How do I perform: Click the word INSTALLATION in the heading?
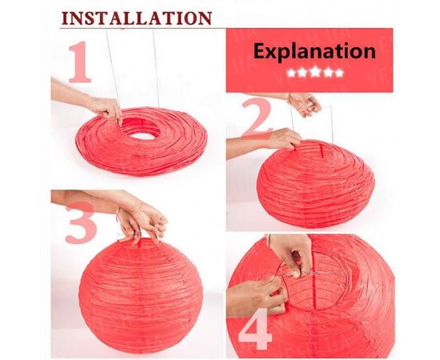coord(136,18)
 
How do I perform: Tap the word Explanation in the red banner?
coord(314,51)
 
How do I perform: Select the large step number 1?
coord(80,62)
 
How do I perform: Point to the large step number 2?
coord(257,118)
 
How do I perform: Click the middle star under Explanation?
coord(315,72)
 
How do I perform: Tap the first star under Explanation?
coord(291,73)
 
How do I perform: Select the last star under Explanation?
coord(339,73)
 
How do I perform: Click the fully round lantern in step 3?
coord(141,294)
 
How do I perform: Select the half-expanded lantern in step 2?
coord(315,184)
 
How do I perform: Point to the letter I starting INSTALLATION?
coord(65,18)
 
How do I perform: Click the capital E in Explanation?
coord(260,50)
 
